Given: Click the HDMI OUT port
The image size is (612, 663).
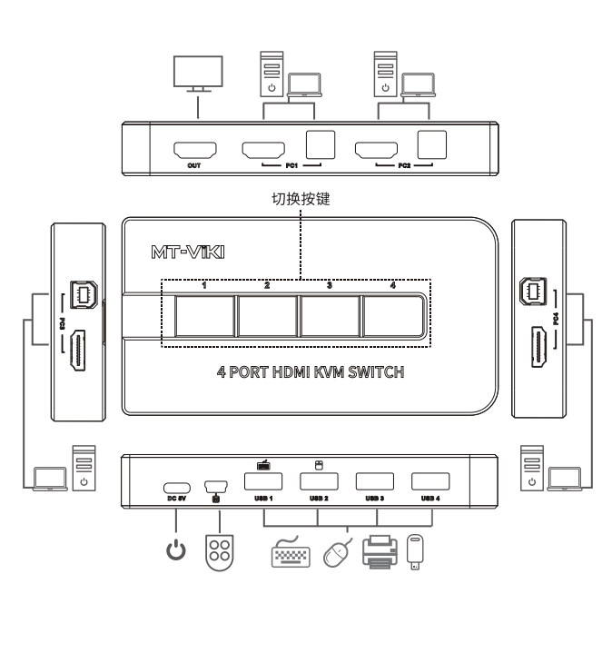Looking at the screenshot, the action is coord(195,150).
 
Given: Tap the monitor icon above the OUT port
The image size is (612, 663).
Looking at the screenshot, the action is coord(198,74).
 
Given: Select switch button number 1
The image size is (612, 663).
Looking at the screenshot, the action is coord(204,316).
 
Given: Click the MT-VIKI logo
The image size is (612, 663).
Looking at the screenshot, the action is coord(188,252).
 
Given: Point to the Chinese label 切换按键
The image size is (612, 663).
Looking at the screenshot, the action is coord(301,199).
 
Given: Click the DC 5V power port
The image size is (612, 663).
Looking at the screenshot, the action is coord(177,489).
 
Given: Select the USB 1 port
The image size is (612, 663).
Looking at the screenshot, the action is coord(263,481).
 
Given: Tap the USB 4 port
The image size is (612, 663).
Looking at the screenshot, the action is coord(430,481).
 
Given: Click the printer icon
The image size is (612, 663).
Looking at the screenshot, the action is coord(380,552).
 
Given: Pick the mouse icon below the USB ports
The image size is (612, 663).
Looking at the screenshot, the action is coord(337,553).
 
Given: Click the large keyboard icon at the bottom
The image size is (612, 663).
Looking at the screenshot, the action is coord(291,552).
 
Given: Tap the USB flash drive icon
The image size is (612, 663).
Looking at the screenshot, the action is coord(415,552).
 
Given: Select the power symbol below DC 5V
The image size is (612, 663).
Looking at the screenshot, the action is coord(176,550).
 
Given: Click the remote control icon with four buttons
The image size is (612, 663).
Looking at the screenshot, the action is coord(220,552).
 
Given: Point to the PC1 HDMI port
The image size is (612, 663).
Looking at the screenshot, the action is coord(263,150).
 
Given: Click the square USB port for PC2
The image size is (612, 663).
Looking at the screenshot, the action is coord(432,144).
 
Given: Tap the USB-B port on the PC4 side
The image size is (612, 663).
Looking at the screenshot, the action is coord(533,292).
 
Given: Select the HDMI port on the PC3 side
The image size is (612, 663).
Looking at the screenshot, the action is coord(78,350).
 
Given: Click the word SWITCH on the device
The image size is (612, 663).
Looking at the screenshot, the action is coord(376,372).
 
